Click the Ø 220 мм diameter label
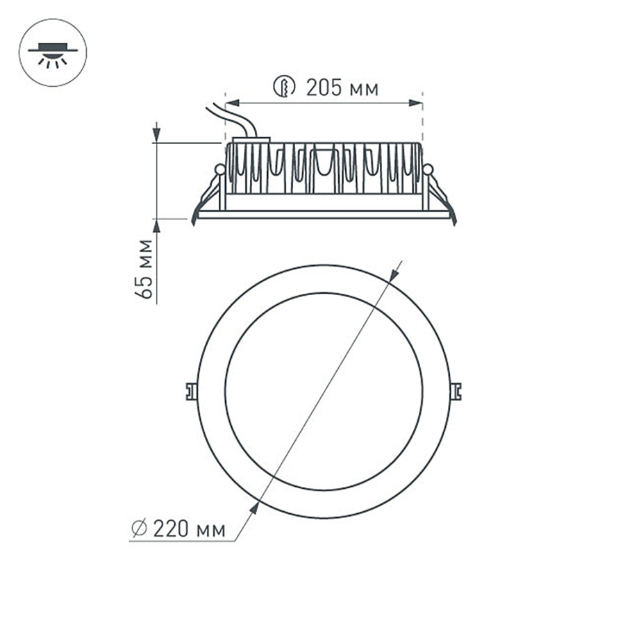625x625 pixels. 179,530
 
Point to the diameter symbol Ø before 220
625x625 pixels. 139,530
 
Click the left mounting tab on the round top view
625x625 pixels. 190,391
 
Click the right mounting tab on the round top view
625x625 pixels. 456,391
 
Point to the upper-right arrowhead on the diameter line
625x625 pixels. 394,274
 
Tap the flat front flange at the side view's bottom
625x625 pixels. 324,216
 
